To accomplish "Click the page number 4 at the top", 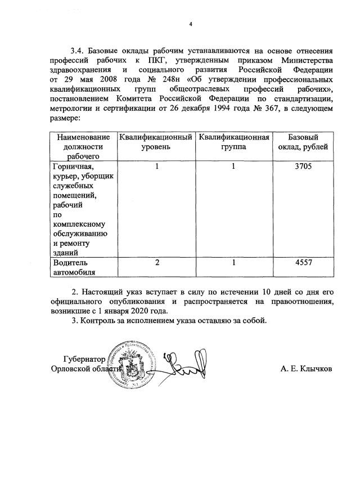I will (x=190, y=24).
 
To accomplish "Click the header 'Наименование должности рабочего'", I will (x=82, y=146).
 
